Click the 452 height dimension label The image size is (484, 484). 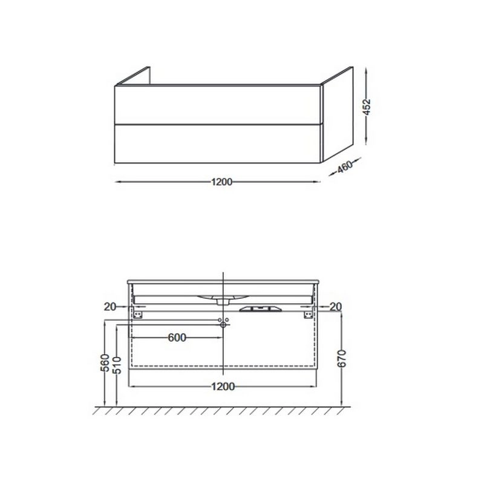(x=367, y=107)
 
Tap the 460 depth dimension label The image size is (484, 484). (x=345, y=167)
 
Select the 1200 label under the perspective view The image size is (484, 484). (x=221, y=182)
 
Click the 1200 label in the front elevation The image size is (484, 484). (x=223, y=386)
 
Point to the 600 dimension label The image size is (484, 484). (x=177, y=338)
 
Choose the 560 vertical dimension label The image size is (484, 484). (x=105, y=362)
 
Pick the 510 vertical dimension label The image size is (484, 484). (x=117, y=365)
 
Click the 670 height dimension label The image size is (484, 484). (x=342, y=358)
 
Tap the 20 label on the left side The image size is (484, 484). (x=110, y=307)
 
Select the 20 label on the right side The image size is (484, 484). (x=336, y=307)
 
